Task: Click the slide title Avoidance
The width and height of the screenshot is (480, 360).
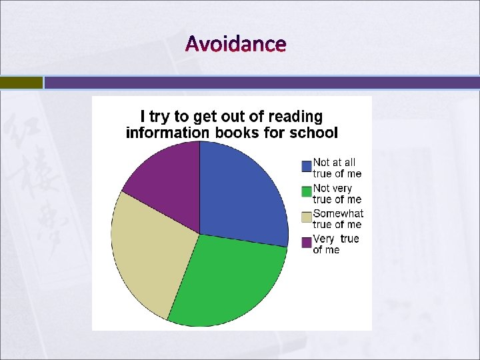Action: [236, 44]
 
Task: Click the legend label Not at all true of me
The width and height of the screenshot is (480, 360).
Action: [337, 168]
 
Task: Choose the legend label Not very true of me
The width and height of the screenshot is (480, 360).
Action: [337, 193]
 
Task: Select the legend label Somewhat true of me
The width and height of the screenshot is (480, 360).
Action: [338, 219]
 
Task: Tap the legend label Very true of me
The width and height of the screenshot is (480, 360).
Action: [335, 244]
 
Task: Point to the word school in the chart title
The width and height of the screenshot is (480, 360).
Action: [313, 133]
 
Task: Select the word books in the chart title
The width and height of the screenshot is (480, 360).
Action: [237, 133]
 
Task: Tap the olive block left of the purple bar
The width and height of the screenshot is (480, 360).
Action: [21, 83]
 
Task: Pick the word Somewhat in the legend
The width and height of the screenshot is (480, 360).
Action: [338, 213]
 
